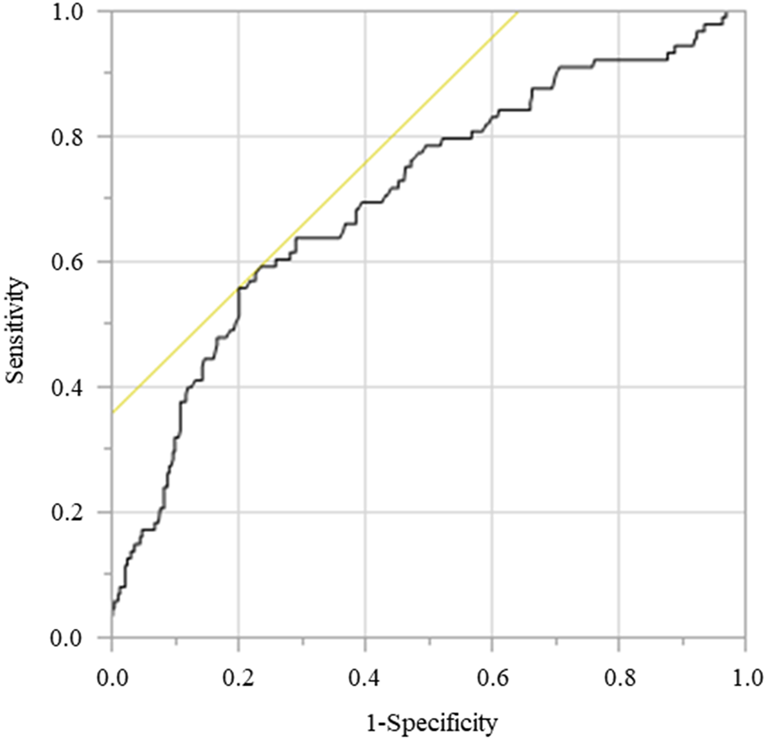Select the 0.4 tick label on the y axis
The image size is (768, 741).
pyautogui.click(x=68, y=388)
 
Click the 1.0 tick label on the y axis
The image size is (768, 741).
pyautogui.click(x=68, y=12)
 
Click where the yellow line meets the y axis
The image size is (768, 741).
pyautogui.click(x=113, y=412)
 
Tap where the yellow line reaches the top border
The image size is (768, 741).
pyautogui.click(x=518, y=12)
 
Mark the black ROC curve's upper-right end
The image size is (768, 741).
pyautogui.click(x=727, y=13)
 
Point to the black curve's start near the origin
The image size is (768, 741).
pyautogui.click(x=113, y=616)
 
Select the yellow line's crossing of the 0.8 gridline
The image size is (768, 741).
pyautogui.click(x=392, y=137)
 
